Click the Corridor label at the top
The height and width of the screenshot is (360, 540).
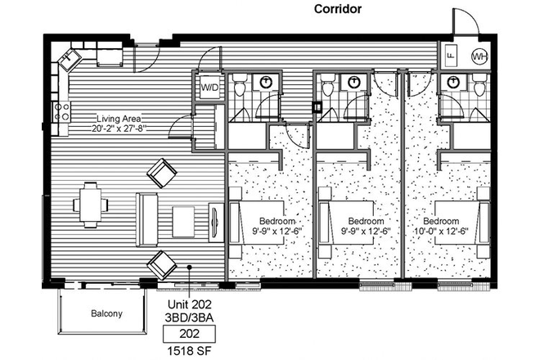(x=338, y=9)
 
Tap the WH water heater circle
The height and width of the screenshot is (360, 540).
(x=481, y=56)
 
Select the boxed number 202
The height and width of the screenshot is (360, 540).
(x=190, y=333)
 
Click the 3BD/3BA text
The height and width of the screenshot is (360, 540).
(x=190, y=317)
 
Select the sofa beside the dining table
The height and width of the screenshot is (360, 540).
(x=147, y=220)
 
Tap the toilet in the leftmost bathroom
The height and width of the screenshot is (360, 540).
(x=241, y=84)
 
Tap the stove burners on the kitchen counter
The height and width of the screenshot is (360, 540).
(x=60, y=112)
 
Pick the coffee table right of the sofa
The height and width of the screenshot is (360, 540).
(x=183, y=219)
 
